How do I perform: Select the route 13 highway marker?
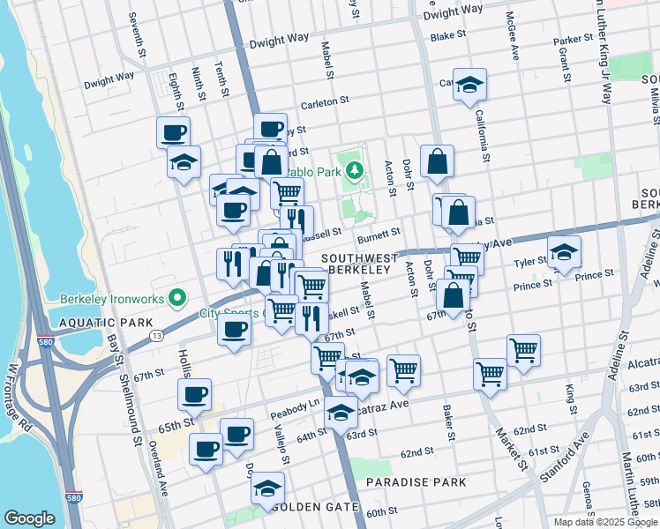(x=156, y=336)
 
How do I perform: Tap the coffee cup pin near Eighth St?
(x=174, y=133)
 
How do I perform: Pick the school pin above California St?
(x=469, y=86)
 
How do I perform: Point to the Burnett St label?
(x=379, y=233)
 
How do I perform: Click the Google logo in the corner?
(x=29, y=518)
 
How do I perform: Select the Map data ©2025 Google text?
(x=604, y=522)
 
